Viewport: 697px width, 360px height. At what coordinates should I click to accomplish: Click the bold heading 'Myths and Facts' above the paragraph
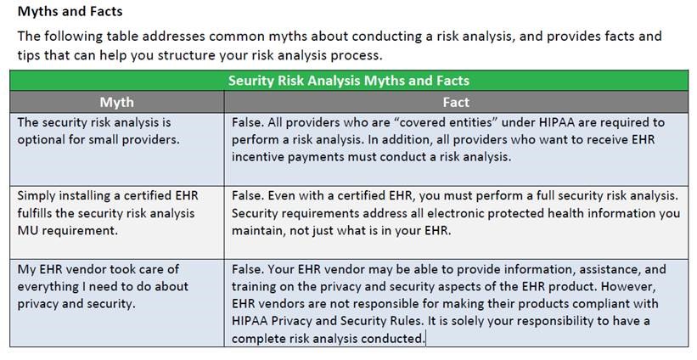tap(70, 12)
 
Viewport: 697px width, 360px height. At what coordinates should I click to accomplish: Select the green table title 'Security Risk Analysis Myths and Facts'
tap(349, 81)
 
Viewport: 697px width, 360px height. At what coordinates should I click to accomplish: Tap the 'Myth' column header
tap(116, 102)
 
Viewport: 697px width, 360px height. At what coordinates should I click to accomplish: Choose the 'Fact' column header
tap(456, 102)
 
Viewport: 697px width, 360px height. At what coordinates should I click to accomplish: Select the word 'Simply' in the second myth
tap(38, 196)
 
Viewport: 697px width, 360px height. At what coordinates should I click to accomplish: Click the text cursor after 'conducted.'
tap(425, 338)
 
